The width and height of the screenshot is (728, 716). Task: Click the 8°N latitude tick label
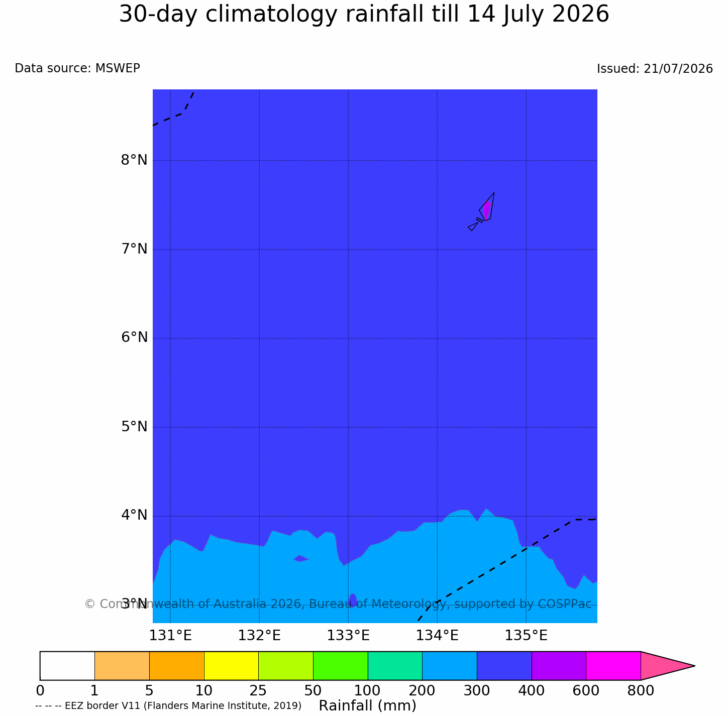(x=134, y=160)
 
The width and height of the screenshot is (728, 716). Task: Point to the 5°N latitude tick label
(x=134, y=427)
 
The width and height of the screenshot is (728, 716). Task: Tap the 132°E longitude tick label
(x=259, y=636)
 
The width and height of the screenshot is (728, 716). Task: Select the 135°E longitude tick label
(x=526, y=636)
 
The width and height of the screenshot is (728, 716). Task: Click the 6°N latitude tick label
(x=134, y=337)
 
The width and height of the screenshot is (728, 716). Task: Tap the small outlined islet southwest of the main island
(x=473, y=226)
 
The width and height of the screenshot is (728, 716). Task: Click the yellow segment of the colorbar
(x=231, y=666)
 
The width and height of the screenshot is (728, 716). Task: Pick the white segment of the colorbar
(x=67, y=666)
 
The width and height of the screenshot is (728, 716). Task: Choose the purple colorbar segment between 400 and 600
(x=559, y=666)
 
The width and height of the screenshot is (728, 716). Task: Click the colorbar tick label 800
(x=641, y=691)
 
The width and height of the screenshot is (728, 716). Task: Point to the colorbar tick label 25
(x=258, y=691)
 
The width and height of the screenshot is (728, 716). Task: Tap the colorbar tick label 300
(x=477, y=691)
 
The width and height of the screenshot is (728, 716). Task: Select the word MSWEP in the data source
(x=118, y=68)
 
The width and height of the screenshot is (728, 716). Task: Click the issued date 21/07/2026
(x=678, y=69)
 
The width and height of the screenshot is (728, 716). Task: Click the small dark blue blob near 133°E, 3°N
(x=353, y=600)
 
